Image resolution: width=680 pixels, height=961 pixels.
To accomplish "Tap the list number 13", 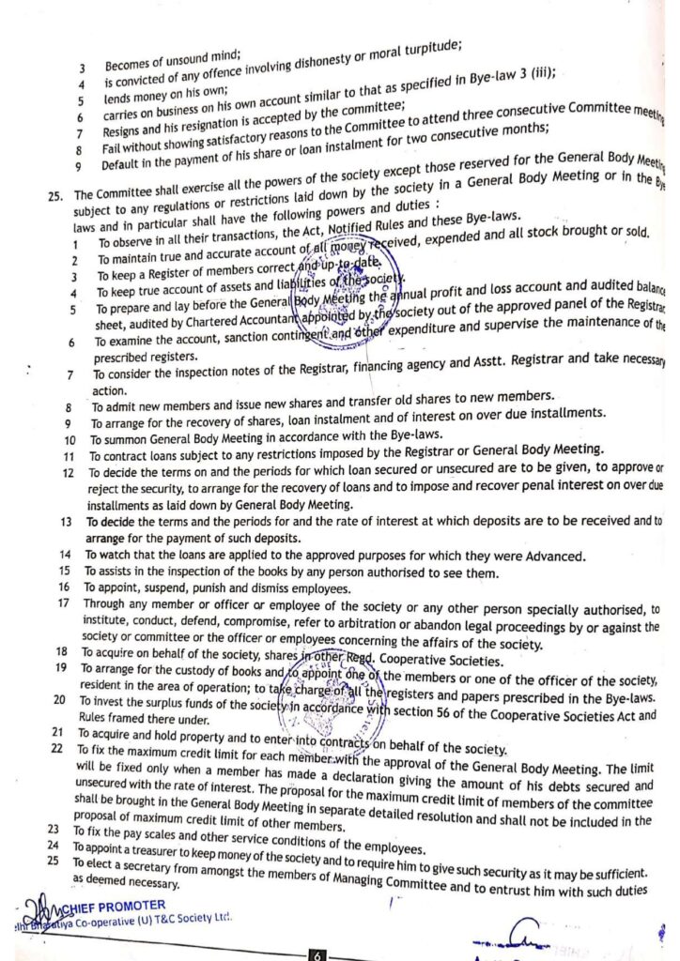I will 66,520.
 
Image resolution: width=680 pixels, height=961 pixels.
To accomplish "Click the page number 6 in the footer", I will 318,954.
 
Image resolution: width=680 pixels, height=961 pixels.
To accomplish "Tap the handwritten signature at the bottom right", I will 521,933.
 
